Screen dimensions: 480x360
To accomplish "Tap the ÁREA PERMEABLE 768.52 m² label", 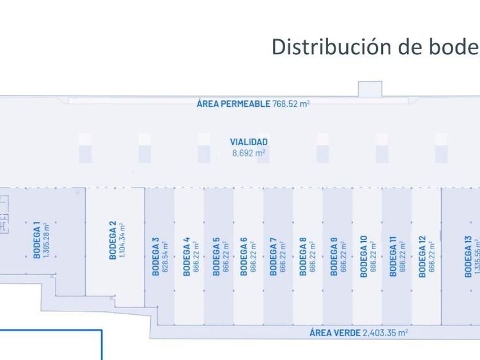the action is pos(253,103).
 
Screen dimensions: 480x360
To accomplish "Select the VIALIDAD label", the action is pos(249,142).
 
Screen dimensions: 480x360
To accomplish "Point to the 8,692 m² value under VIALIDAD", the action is pos(249,153).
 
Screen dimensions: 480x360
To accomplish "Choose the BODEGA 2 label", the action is pos(113,241).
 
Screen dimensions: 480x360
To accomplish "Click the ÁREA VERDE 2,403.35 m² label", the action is pos(358,333).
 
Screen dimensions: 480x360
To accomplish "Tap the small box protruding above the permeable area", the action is pos(370,89).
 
